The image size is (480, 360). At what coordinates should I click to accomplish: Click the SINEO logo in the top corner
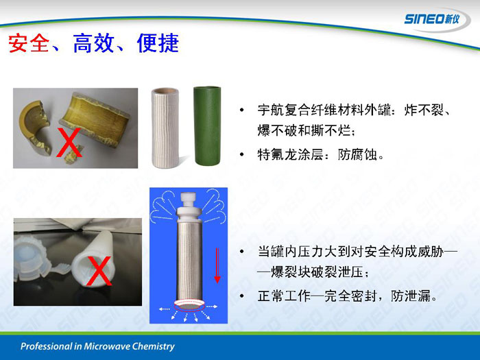click(432, 19)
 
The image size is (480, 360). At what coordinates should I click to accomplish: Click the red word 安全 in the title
click(29, 43)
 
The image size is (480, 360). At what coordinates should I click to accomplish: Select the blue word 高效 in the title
click(94, 43)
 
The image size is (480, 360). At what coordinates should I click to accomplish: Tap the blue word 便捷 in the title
click(158, 43)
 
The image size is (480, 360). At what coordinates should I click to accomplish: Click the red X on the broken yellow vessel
click(69, 143)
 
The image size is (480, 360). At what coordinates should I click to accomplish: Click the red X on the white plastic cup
click(99, 271)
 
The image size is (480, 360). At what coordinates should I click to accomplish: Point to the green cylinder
click(207, 125)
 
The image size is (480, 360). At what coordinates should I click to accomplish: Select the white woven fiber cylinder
click(165, 128)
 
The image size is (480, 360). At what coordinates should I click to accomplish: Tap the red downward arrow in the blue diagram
click(217, 266)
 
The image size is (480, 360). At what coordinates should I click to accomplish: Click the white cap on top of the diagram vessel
click(189, 206)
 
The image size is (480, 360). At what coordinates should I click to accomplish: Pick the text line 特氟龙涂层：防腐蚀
click(321, 154)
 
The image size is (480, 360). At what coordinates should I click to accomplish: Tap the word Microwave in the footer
click(105, 346)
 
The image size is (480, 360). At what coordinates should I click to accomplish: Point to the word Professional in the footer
click(46, 346)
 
